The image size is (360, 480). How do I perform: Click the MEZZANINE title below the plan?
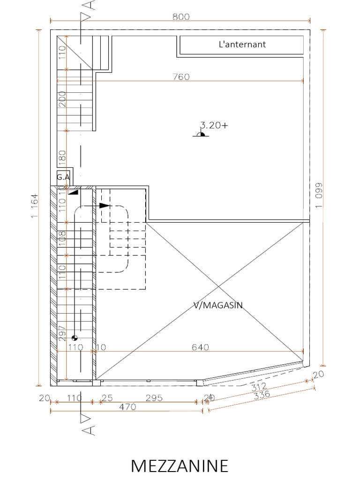click(x=180, y=466)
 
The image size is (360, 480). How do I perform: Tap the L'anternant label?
click(x=242, y=45)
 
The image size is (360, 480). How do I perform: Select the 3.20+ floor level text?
click(x=214, y=125)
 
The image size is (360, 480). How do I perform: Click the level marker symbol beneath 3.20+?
click(x=201, y=134)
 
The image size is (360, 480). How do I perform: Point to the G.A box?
click(x=63, y=177)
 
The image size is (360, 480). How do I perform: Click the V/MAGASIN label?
click(x=218, y=305)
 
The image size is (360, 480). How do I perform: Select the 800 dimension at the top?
click(x=180, y=17)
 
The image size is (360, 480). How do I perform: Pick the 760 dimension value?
click(x=180, y=77)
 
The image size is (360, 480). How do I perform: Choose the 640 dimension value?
click(x=200, y=347)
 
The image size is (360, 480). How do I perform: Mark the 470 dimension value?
click(x=127, y=407)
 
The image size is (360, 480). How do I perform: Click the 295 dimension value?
click(x=154, y=398)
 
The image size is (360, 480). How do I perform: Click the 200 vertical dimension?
click(x=62, y=99)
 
